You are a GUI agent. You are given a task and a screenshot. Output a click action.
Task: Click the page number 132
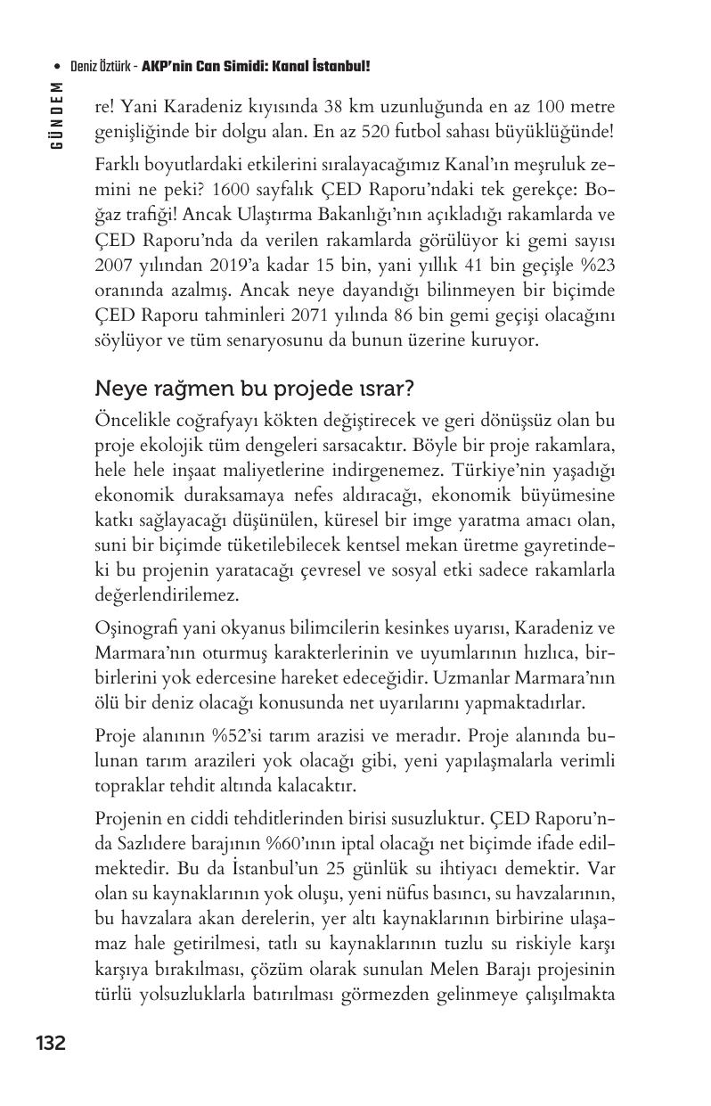(x=50, y=1043)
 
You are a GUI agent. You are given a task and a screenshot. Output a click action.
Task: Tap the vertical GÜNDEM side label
(x=57, y=116)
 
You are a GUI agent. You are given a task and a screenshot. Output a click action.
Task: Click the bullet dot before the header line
(x=58, y=68)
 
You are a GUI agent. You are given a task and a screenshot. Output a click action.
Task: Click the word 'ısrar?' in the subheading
(x=384, y=389)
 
